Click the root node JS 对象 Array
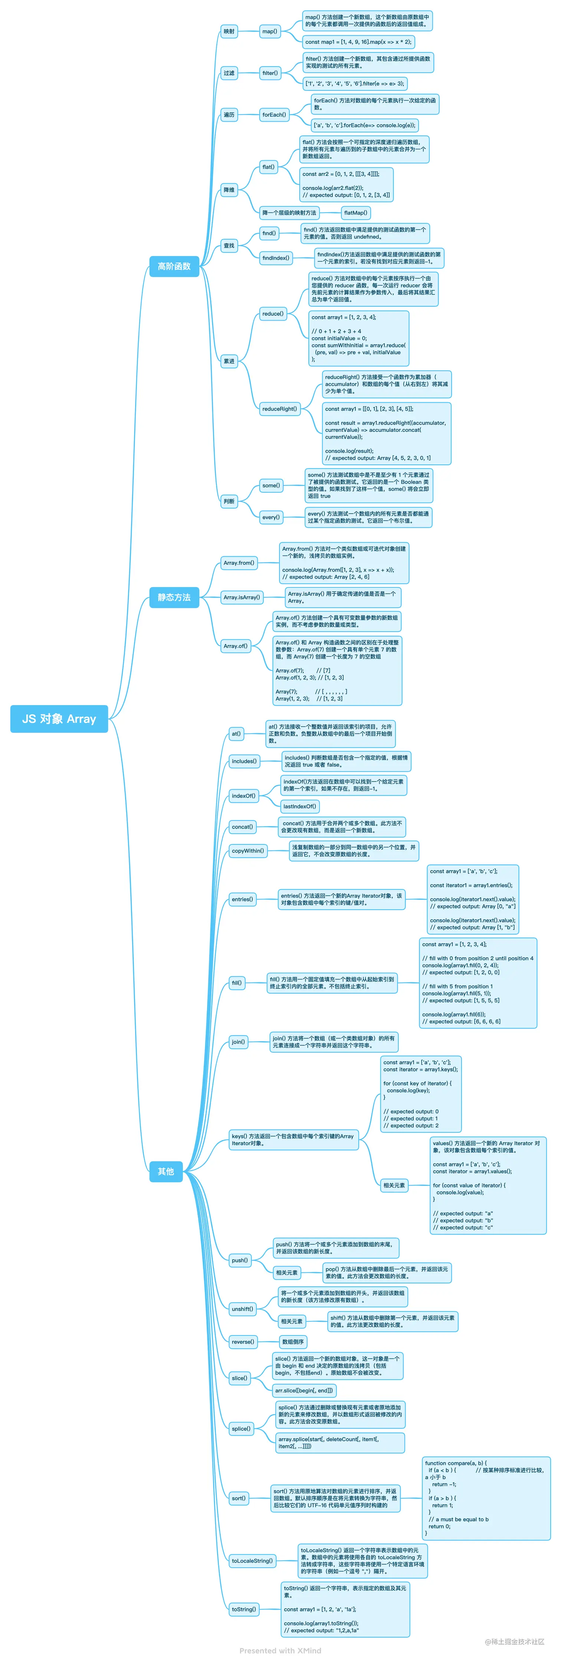coord(59,719)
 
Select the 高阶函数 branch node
coord(174,266)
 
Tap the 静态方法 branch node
coord(174,597)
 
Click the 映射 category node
coord(229,31)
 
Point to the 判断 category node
coord(229,501)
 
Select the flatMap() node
coord(355,213)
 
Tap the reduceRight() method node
coord(279,409)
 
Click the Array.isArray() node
coord(242,597)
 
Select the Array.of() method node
coord(235,646)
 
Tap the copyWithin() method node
coord(247,851)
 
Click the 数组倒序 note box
coord(293,1342)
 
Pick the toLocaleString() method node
coord(252,1561)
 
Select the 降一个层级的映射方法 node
coord(289,213)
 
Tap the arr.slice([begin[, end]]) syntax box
coord(304,1390)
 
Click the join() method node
coord(238,1041)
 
